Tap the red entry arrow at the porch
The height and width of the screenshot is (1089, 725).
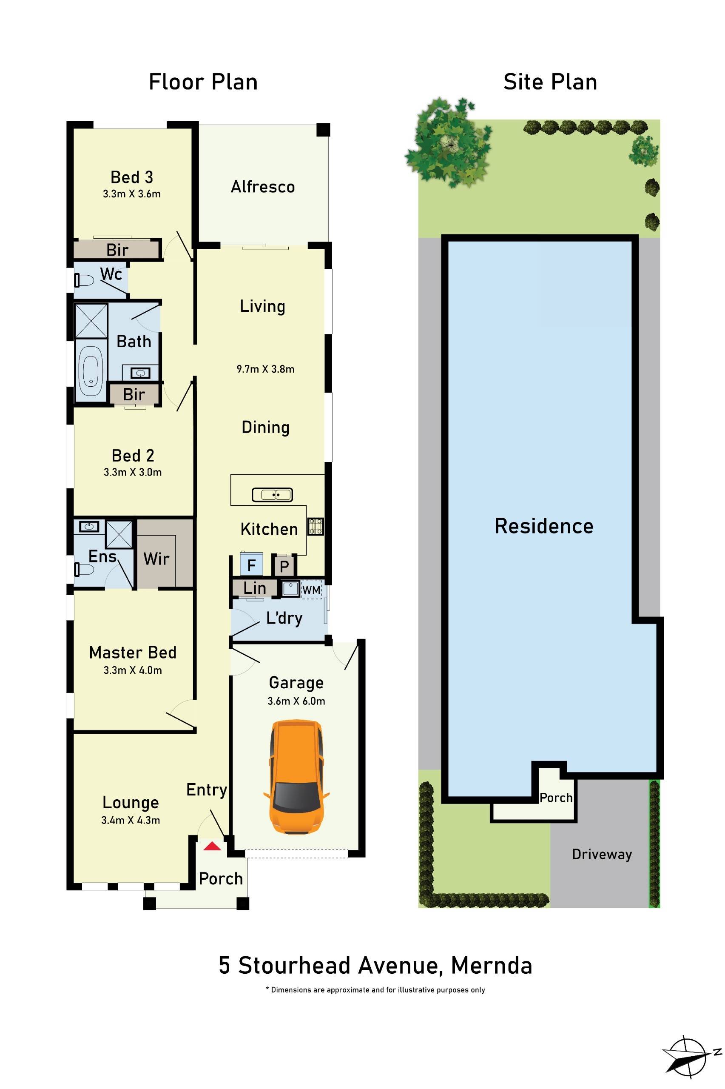(212, 846)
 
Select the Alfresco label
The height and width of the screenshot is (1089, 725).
(263, 187)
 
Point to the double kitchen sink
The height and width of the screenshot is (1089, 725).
(272, 495)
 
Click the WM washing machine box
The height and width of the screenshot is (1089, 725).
(311, 590)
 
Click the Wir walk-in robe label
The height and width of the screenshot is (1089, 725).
(156, 559)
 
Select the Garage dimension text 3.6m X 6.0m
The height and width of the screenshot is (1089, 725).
(296, 701)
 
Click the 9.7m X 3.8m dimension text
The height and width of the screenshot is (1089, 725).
(265, 369)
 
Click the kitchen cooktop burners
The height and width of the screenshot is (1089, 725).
(316, 527)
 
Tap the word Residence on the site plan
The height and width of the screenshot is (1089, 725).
(544, 526)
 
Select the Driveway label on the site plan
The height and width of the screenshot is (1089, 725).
(602, 854)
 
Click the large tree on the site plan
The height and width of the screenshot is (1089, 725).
(447, 142)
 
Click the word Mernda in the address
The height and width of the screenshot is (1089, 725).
(491, 966)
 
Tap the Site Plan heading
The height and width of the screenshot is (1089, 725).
(550, 82)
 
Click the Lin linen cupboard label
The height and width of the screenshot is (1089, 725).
(255, 588)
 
